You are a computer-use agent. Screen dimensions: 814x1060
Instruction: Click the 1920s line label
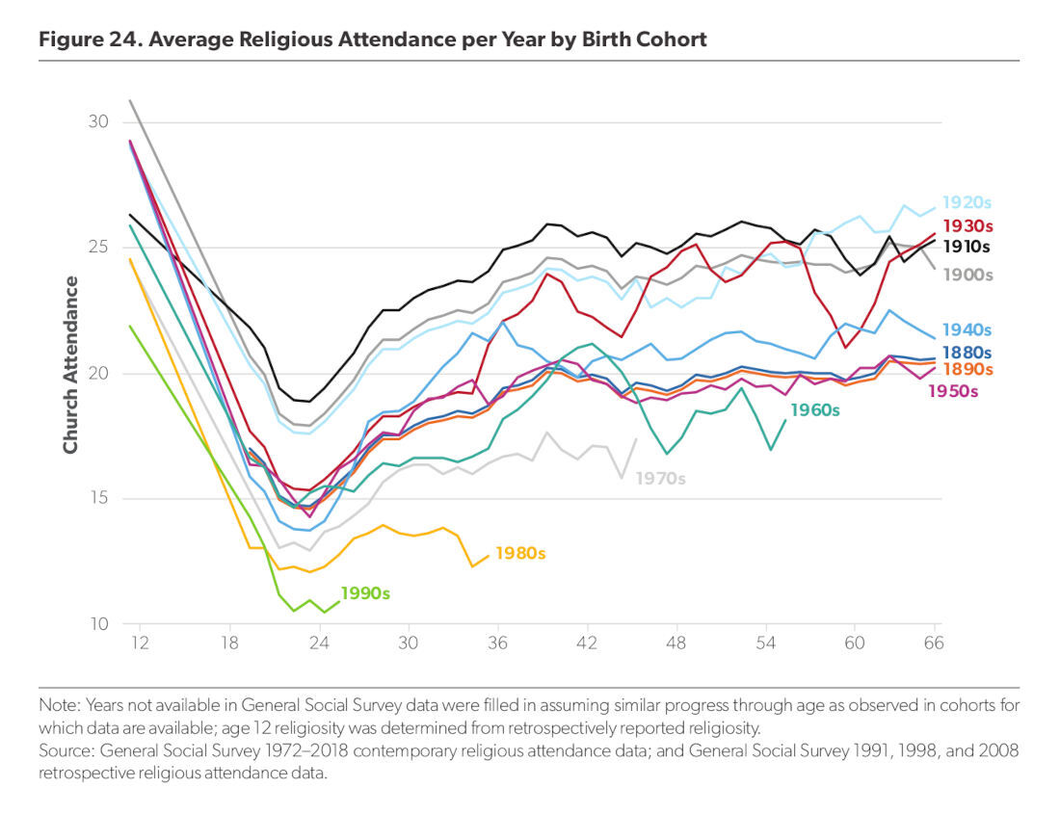[967, 203]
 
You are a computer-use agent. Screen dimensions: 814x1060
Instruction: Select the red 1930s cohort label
[967, 225]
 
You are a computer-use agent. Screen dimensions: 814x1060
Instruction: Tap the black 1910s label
[967, 247]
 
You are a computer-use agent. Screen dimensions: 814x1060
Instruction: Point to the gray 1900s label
[967, 276]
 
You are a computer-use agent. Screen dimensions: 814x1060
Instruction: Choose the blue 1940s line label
[967, 330]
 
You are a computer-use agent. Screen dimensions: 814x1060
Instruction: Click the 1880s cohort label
[967, 354]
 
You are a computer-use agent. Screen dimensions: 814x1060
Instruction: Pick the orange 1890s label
[967, 371]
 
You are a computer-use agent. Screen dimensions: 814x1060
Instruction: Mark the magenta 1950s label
[953, 392]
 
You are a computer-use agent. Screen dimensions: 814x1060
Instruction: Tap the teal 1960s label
[815, 411]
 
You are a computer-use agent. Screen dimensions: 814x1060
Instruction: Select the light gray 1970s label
[660, 478]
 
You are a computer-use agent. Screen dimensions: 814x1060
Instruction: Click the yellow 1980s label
[520, 554]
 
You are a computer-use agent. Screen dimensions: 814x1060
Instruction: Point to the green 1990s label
[365, 594]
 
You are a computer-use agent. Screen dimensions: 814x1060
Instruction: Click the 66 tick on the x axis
[931, 643]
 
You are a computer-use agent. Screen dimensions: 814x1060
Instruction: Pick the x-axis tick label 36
[498, 643]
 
